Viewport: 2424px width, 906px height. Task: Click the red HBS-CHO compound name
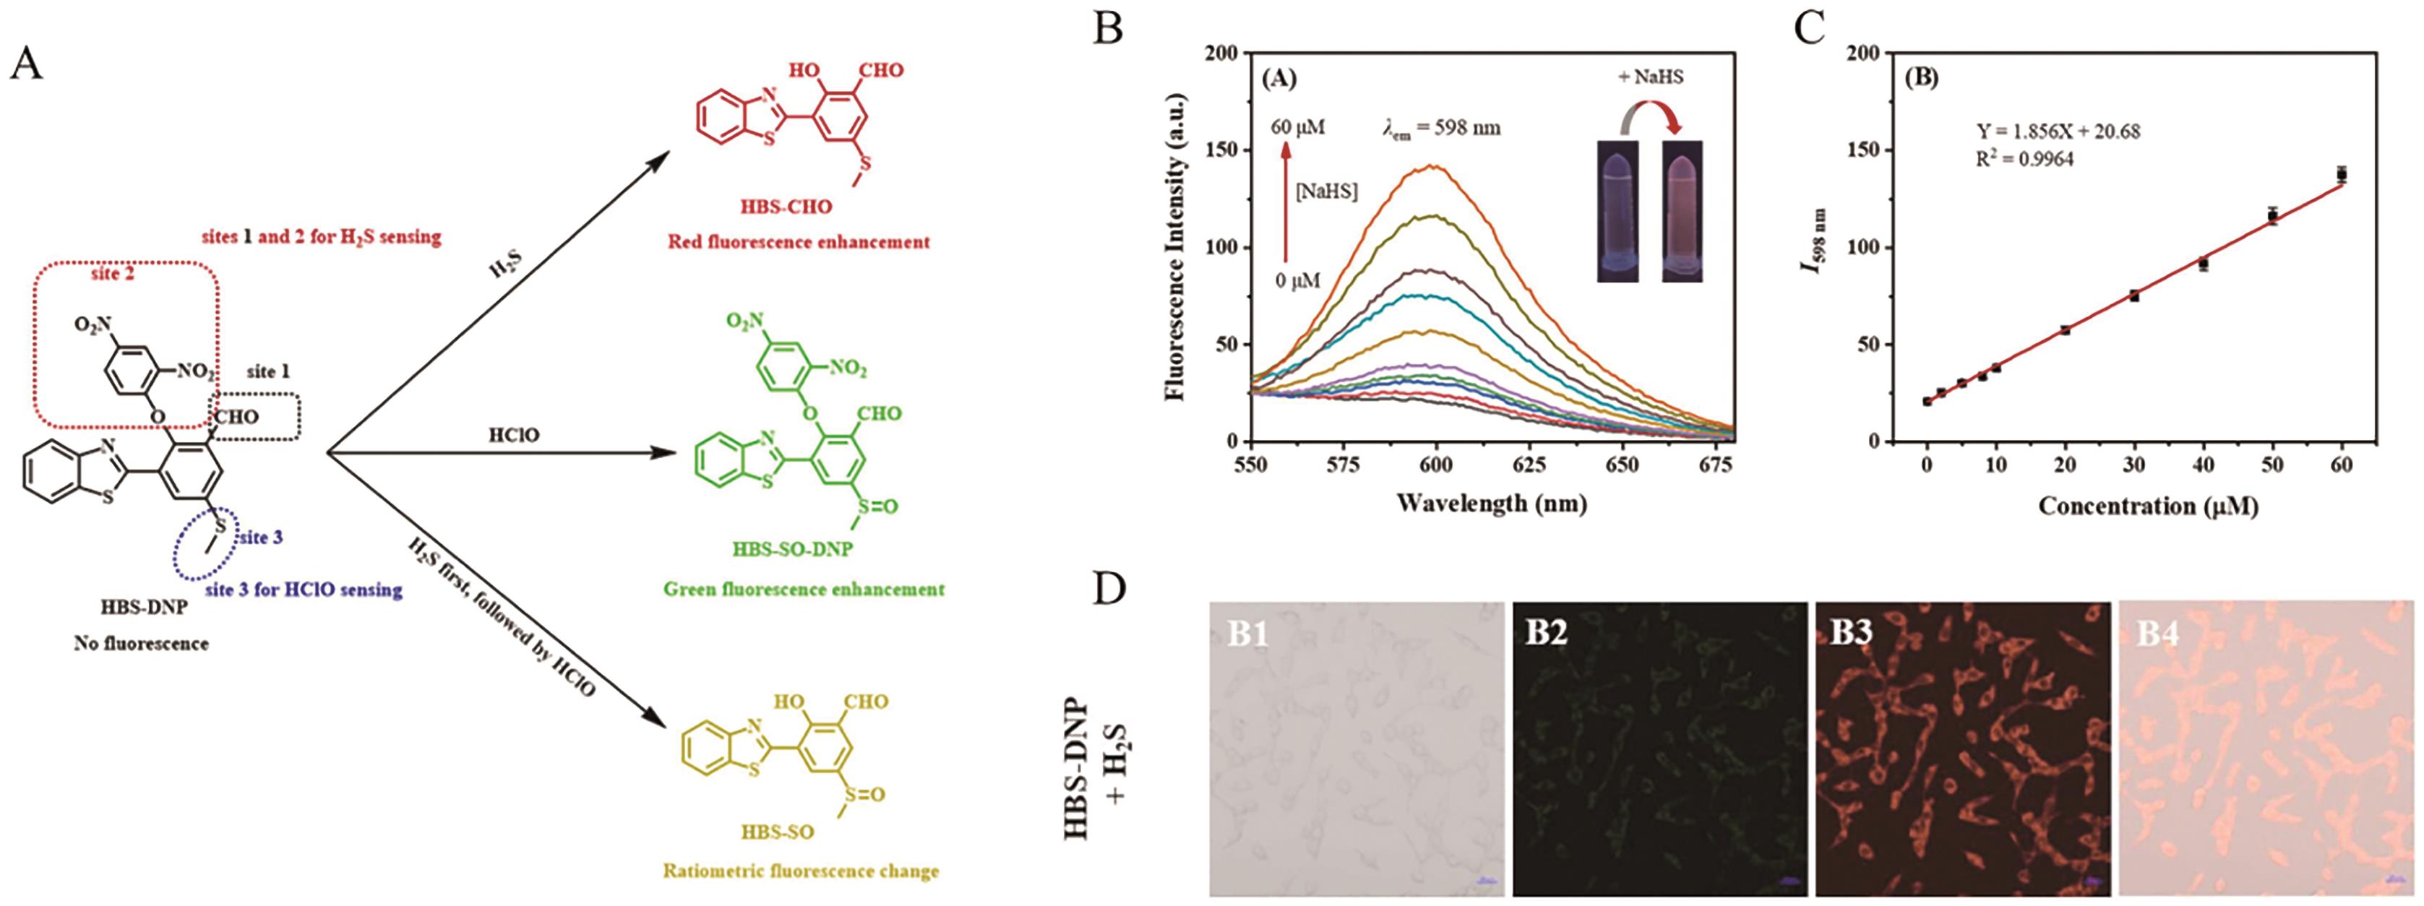point(786,207)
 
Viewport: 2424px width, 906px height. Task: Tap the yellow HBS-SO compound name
point(777,832)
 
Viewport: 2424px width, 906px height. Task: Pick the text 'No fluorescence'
point(141,644)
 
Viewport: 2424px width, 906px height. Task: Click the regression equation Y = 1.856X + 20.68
point(2056,131)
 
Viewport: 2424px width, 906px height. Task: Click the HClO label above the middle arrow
point(514,436)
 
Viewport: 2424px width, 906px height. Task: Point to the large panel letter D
point(1112,590)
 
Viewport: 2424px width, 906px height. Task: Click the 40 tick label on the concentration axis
point(2204,465)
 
